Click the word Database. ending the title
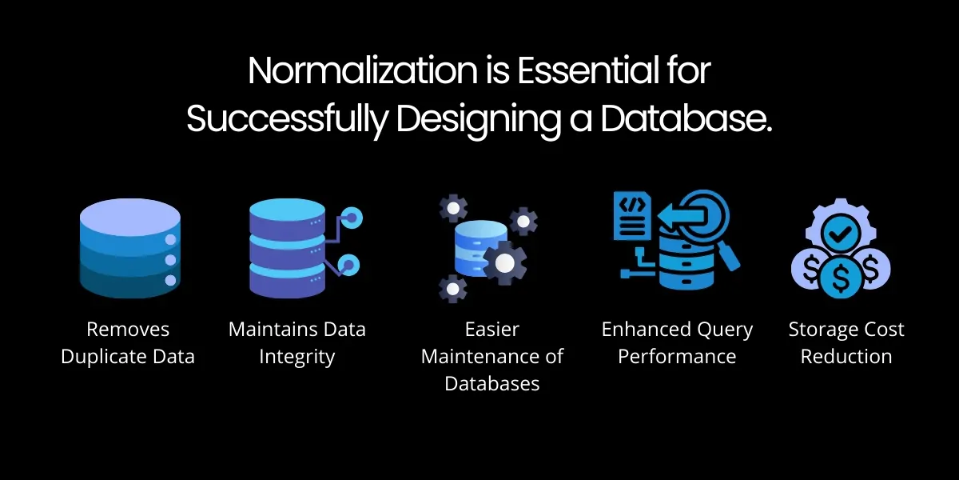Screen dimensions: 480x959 [x=686, y=119]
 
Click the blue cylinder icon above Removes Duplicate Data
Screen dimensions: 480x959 [x=130, y=248]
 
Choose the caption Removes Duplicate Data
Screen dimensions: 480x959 [x=128, y=342]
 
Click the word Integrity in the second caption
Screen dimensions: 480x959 [x=296, y=356]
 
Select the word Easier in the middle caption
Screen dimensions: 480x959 [x=492, y=330]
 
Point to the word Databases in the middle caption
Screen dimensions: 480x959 [x=492, y=383]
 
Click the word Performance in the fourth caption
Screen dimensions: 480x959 [x=677, y=356]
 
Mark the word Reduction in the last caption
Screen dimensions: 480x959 [x=846, y=356]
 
